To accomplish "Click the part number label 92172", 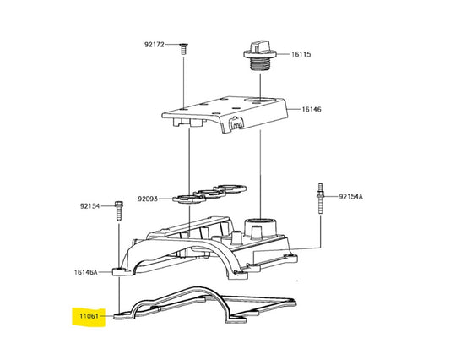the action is (155, 45).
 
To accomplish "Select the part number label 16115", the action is (301, 54).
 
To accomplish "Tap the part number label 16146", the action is (312, 110).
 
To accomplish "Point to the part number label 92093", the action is (148, 199).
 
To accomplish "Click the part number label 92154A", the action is (350, 197).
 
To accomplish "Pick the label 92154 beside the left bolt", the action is (89, 206).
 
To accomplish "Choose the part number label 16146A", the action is (86, 272).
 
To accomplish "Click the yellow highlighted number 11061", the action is (89, 316).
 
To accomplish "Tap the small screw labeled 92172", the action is (183, 48).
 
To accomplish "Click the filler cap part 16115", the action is (260, 57).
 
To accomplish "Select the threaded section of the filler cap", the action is (260, 64).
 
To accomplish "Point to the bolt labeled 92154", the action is (119, 211).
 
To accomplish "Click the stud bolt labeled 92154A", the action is (320, 199).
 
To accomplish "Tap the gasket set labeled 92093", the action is (209, 194).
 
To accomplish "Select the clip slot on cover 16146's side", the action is (236, 124).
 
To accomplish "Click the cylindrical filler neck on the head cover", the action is (260, 228).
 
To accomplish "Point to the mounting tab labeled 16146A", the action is (121, 272).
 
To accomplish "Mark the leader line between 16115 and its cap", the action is (284, 54).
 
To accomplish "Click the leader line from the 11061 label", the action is (106, 316).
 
